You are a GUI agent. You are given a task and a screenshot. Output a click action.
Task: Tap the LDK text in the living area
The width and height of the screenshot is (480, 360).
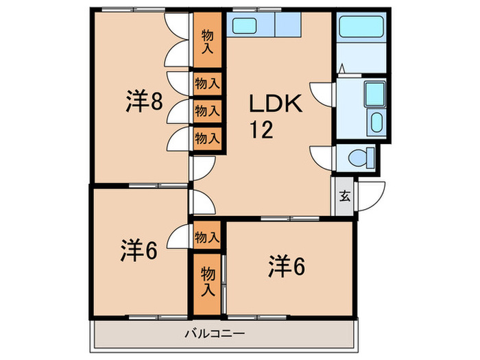[275, 105]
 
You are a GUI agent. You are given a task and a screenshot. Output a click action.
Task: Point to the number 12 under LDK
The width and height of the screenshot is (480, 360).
[261, 130]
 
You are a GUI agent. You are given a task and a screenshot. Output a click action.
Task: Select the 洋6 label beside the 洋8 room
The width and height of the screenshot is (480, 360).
[141, 251]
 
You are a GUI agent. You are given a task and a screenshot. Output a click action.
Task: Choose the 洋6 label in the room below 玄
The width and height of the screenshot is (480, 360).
[286, 265]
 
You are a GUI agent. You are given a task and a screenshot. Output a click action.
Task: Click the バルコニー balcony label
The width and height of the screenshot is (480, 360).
[215, 335]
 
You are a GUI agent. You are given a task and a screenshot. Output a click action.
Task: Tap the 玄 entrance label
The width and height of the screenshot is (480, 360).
[344, 195]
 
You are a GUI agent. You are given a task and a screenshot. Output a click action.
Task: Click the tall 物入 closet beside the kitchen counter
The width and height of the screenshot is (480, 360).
[207, 41]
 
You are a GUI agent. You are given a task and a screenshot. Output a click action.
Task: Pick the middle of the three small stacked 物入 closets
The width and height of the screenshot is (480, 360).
[207, 110]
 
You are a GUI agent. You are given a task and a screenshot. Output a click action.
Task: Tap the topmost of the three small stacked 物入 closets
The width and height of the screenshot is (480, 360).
[207, 84]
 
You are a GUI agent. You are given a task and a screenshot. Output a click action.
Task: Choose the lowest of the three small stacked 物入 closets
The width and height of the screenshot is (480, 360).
[207, 136]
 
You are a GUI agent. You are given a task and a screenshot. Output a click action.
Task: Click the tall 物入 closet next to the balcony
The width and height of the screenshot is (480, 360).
[207, 281]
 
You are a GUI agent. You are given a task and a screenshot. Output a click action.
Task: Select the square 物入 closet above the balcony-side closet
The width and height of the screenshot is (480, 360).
[207, 237]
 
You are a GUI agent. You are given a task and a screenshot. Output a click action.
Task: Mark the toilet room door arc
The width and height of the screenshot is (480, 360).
[321, 156]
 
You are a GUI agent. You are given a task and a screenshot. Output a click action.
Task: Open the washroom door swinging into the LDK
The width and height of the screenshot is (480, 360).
[321, 91]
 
